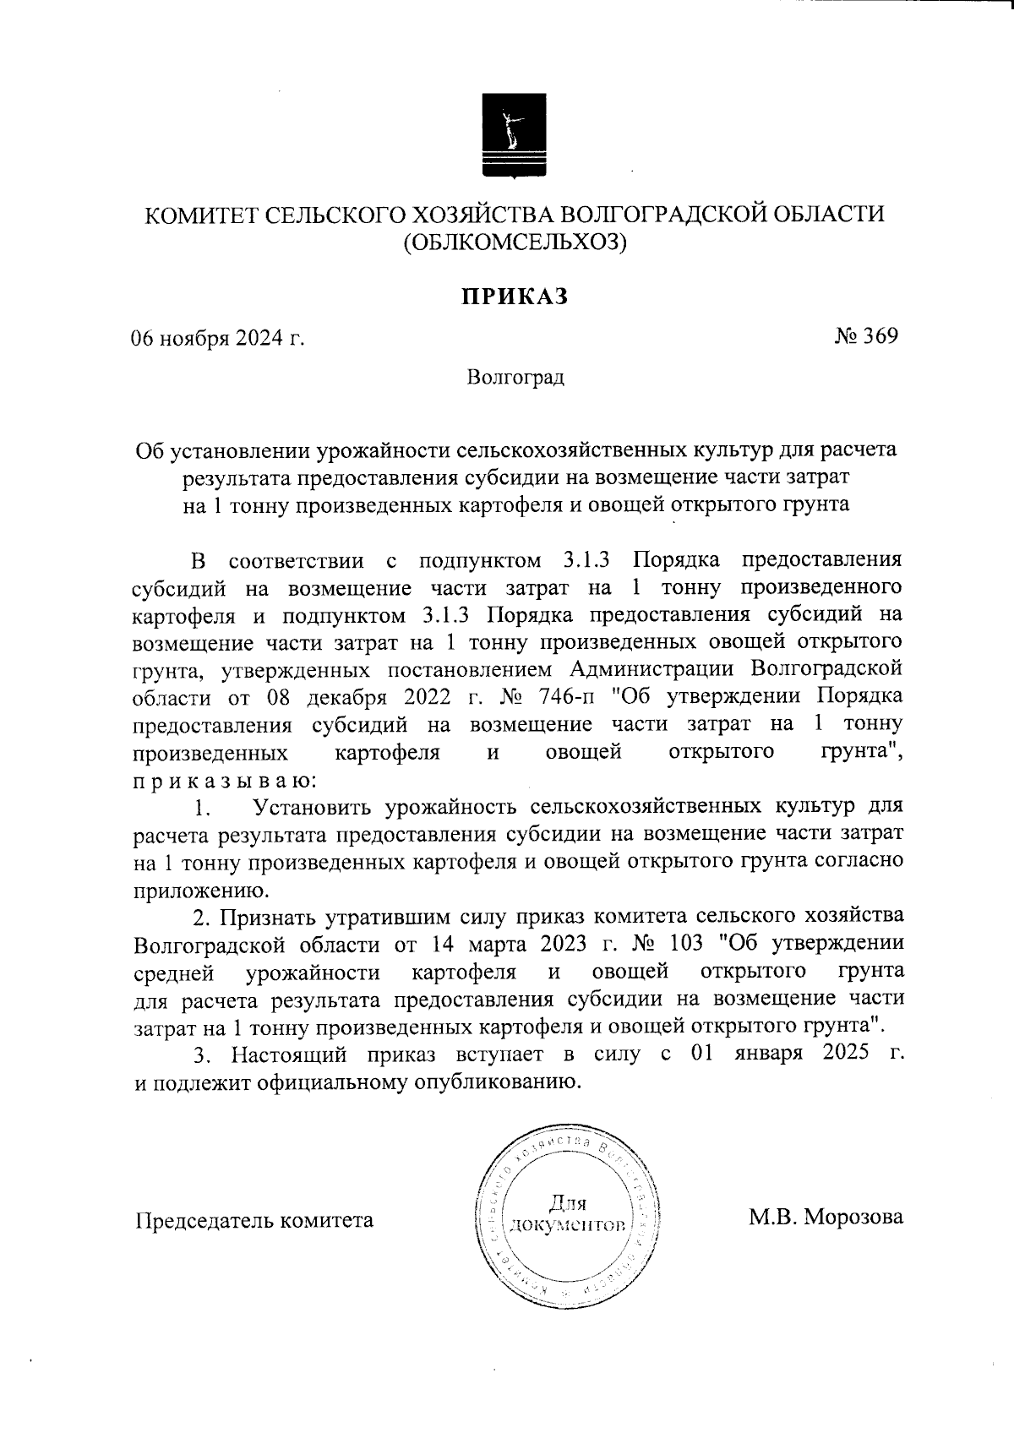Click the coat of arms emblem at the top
point(515,136)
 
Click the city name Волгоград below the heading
point(515,377)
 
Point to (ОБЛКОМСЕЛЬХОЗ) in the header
point(515,243)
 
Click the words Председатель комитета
point(254,1220)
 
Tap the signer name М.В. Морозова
point(826,1218)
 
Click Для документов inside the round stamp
point(567,1213)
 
